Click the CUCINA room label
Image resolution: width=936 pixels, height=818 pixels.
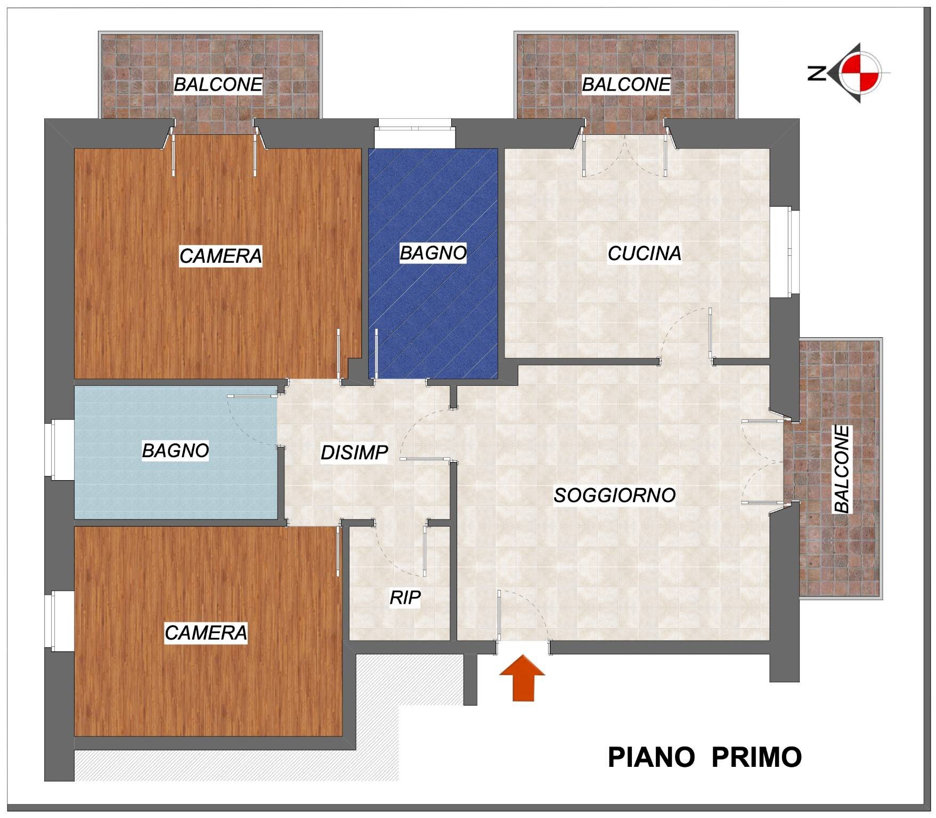[x=644, y=254]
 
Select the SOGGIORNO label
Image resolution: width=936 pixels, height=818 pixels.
[x=615, y=496]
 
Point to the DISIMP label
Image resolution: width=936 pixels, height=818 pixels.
[x=354, y=453]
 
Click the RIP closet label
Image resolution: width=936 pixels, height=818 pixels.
[x=405, y=598]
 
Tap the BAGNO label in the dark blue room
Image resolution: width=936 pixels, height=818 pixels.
[x=433, y=253]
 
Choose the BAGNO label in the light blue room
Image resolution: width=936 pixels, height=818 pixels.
[x=175, y=451]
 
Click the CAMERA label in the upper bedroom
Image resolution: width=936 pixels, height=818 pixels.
[x=221, y=256]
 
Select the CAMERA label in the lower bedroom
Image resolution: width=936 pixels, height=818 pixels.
[x=206, y=633]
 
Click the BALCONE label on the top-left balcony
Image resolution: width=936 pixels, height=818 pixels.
[x=218, y=84]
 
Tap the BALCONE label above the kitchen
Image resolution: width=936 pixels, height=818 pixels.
[x=626, y=84]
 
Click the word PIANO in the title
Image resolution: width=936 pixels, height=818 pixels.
[x=651, y=757]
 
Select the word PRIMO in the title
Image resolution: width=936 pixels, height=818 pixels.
[x=756, y=757]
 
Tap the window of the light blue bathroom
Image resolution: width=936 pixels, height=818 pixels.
[x=60, y=450]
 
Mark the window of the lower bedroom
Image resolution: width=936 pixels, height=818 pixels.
[x=60, y=621]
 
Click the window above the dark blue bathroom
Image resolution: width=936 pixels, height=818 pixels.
[x=414, y=133]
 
